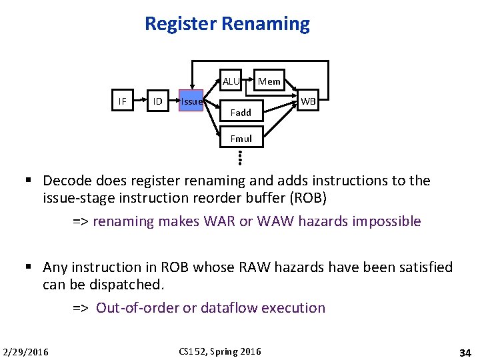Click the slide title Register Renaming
pos(227,24)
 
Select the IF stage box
pos(122,101)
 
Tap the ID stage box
pos(157,101)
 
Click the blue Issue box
pos(191,101)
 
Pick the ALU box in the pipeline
pos(231,81)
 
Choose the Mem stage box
pos(269,81)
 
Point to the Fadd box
pos(241,113)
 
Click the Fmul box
pos(241,139)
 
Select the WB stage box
pos(309,101)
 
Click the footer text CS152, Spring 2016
pos(220,351)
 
